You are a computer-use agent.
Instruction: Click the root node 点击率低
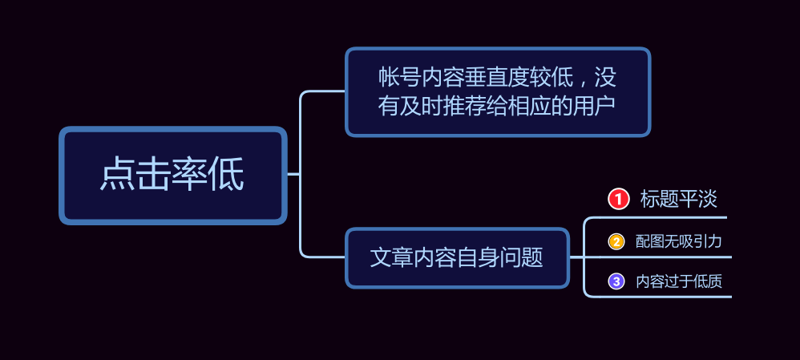(x=173, y=175)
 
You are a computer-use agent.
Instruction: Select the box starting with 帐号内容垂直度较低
(x=498, y=92)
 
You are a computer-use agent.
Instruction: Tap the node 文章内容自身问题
(x=457, y=257)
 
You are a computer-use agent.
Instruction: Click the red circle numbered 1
(x=618, y=199)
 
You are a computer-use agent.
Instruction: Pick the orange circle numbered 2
(x=616, y=241)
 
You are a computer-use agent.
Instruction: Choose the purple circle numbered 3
(x=616, y=281)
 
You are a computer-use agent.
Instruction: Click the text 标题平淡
(x=679, y=199)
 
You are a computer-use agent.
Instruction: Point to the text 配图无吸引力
(x=679, y=241)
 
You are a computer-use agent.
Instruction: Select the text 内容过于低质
(x=679, y=281)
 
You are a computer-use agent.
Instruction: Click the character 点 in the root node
(x=117, y=175)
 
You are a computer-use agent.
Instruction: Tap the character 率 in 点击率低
(x=190, y=175)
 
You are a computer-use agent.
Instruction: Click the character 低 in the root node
(x=226, y=175)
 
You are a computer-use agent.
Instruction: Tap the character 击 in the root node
(x=154, y=175)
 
